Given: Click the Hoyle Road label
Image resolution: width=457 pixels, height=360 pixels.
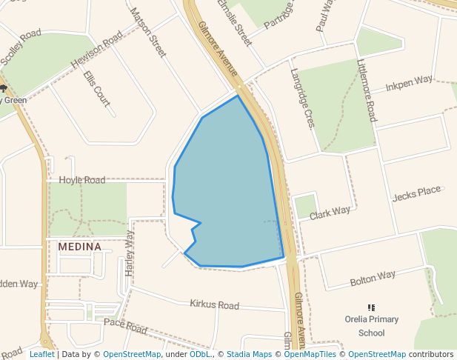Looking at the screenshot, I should point(82,180).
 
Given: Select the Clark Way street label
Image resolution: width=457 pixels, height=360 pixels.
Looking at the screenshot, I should point(330,213).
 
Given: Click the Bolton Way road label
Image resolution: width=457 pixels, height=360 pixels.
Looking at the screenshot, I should point(373,279).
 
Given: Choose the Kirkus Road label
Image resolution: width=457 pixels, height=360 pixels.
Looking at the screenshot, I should point(214,304).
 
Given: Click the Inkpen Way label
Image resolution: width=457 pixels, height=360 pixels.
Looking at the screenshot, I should point(409,81).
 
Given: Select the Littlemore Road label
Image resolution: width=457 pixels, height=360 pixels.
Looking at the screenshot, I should point(367,91).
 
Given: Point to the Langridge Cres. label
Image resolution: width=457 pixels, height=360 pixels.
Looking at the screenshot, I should point(303,98).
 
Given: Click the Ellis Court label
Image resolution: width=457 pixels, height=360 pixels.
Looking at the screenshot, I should point(96,88).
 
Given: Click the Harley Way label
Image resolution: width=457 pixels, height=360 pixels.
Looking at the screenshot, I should point(130,253).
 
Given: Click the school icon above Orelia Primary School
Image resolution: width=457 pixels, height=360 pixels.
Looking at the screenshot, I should point(371,307).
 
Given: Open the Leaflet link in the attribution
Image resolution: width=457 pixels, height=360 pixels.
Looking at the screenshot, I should point(41,354).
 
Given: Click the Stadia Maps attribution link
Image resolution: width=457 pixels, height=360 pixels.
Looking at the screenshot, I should point(249,354).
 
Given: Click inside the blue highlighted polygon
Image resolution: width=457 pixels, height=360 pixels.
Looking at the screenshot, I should point(226,193).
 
